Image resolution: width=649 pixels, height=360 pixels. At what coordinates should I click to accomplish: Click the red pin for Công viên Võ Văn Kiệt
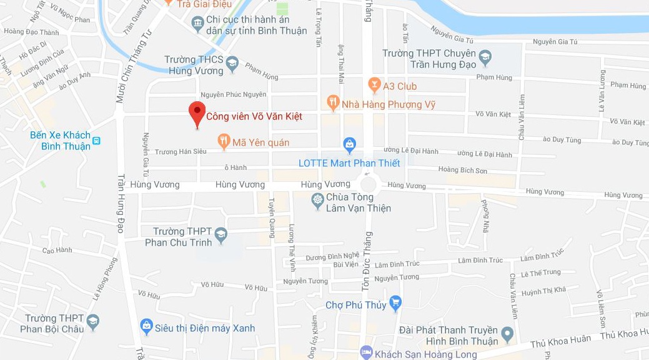click(x=197, y=114)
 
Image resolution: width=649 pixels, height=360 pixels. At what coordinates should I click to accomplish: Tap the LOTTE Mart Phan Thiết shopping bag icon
click(x=350, y=146)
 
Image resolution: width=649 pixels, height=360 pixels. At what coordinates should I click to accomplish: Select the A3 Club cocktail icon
click(x=374, y=84)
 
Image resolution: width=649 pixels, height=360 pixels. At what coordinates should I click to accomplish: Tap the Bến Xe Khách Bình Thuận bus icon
click(x=96, y=141)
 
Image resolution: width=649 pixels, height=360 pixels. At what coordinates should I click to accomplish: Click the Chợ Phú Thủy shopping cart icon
click(x=395, y=304)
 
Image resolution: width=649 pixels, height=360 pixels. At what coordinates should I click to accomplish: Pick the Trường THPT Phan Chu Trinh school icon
click(x=220, y=235)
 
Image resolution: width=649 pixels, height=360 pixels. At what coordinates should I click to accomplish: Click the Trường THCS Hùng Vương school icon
click(x=232, y=63)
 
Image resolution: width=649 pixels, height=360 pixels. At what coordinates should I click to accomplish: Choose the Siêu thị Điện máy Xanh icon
click(x=146, y=326)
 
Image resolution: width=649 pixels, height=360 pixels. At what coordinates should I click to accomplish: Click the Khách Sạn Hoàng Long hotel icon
click(x=367, y=352)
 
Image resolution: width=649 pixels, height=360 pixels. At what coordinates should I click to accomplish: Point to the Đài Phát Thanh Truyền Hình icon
click(x=507, y=335)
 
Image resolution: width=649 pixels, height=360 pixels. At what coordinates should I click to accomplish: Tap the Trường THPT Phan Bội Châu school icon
click(x=92, y=322)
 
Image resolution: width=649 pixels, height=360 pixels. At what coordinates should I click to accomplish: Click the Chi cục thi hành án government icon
click(x=198, y=24)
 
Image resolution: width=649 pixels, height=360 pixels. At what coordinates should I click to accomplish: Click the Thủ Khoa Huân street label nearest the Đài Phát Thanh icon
click(x=560, y=341)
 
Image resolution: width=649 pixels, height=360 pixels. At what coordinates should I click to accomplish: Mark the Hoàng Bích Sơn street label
click(x=462, y=170)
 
